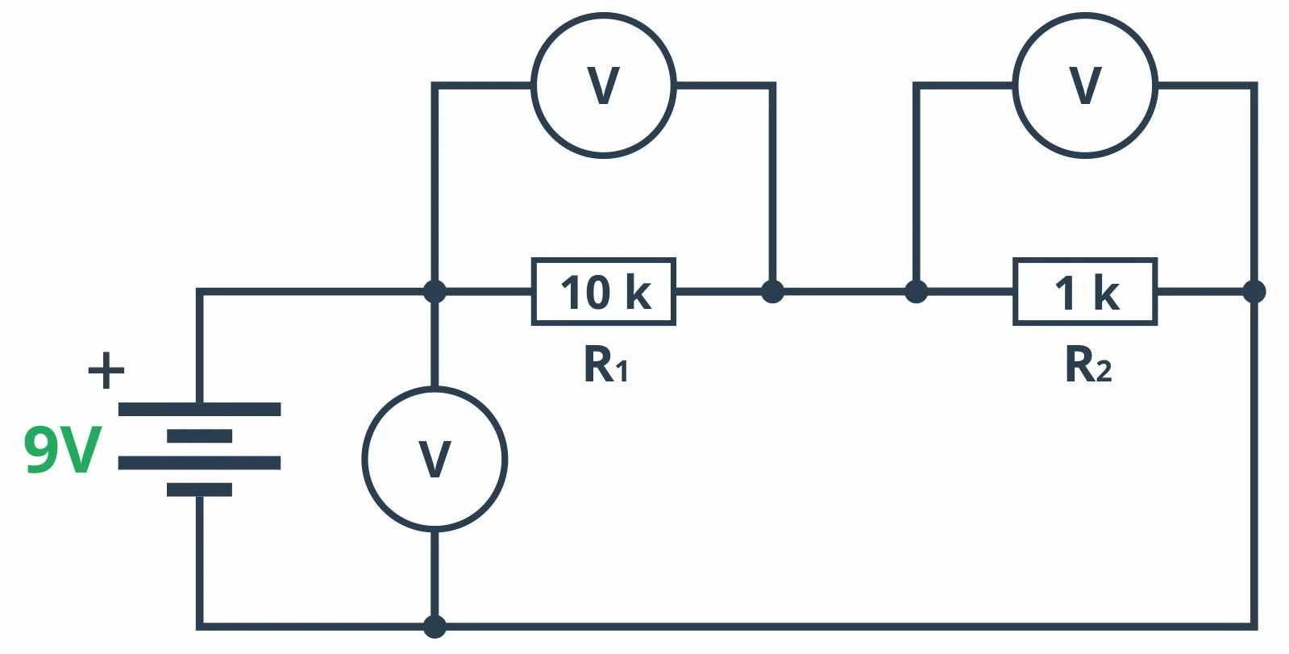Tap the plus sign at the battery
(x=106, y=371)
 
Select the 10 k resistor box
(x=603, y=292)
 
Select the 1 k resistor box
(x=1084, y=292)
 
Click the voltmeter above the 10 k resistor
(x=603, y=85)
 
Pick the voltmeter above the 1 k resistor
(x=1085, y=85)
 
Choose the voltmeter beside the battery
(x=435, y=459)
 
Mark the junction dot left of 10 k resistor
(x=435, y=291)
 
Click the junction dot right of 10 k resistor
(x=772, y=291)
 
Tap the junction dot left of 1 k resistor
(x=916, y=291)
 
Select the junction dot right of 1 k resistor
(x=1254, y=291)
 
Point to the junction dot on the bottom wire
(x=435, y=626)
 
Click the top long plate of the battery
(x=199, y=409)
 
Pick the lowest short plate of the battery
(x=199, y=489)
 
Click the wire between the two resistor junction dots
(x=844, y=291)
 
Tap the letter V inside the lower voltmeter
(x=435, y=459)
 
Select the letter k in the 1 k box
(x=1106, y=292)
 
